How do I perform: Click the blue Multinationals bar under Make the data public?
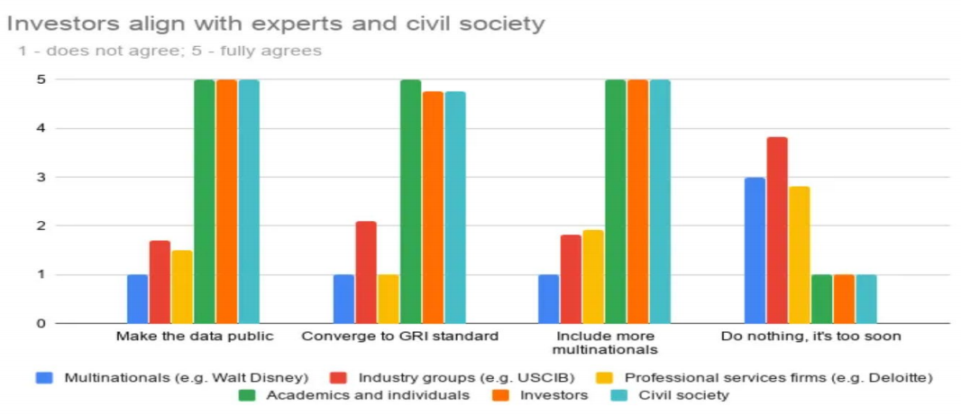pos(137,299)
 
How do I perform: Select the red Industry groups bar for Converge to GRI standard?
pos(366,272)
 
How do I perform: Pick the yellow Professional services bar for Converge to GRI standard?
pos(388,299)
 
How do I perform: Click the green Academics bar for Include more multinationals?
pos(616,201)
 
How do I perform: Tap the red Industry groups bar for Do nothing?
pos(777,230)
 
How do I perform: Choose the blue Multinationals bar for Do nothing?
pos(755,250)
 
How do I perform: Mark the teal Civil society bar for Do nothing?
pos(866,299)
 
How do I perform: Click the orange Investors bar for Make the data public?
pos(226,201)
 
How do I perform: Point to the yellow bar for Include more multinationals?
pos(593,276)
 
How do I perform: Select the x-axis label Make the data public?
pos(194,337)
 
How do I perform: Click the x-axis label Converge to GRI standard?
pos(399,337)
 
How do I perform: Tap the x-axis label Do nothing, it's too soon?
pos(810,337)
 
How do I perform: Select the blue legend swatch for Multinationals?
pos(44,376)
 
